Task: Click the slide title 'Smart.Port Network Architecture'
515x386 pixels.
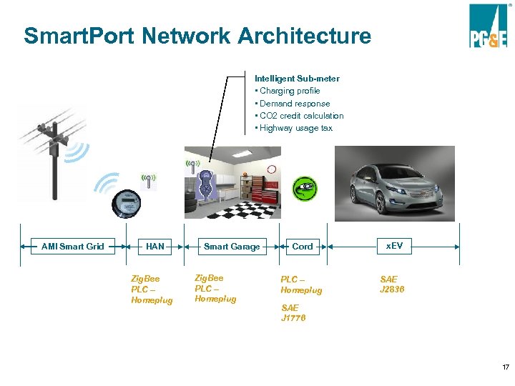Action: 197,36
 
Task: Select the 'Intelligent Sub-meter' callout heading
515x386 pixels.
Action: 297,78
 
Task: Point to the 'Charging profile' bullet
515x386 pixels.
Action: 290,91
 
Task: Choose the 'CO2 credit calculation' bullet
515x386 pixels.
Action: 301,116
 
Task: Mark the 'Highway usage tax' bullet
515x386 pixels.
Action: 295,128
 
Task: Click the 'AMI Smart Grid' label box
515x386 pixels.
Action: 72,247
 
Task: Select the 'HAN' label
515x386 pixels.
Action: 154,247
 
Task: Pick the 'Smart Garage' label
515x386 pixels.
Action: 232,247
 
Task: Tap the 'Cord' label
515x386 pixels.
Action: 303,247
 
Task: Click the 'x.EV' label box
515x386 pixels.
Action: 394,246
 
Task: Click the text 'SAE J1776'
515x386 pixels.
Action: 293,312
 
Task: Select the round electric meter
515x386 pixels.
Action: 125,203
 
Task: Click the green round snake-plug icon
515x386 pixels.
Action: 305,189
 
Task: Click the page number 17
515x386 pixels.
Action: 505,367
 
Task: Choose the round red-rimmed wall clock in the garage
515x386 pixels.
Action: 272,169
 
